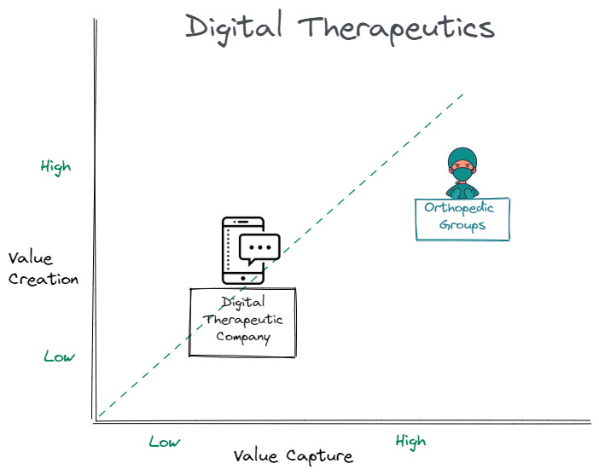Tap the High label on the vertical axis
pos(55,166)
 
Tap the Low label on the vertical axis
pos(59,356)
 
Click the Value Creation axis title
pos(43,268)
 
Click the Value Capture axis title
pos(293,455)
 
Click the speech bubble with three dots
pos(259,247)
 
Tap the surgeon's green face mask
pos(462,174)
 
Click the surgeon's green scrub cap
pos(461,157)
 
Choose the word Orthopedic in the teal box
pos(462,207)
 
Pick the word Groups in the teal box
pos(462,225)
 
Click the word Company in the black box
pos(243,337)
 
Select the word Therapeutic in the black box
pos(243,320)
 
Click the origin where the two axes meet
pos(96,420)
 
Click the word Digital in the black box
pos(243,302)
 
